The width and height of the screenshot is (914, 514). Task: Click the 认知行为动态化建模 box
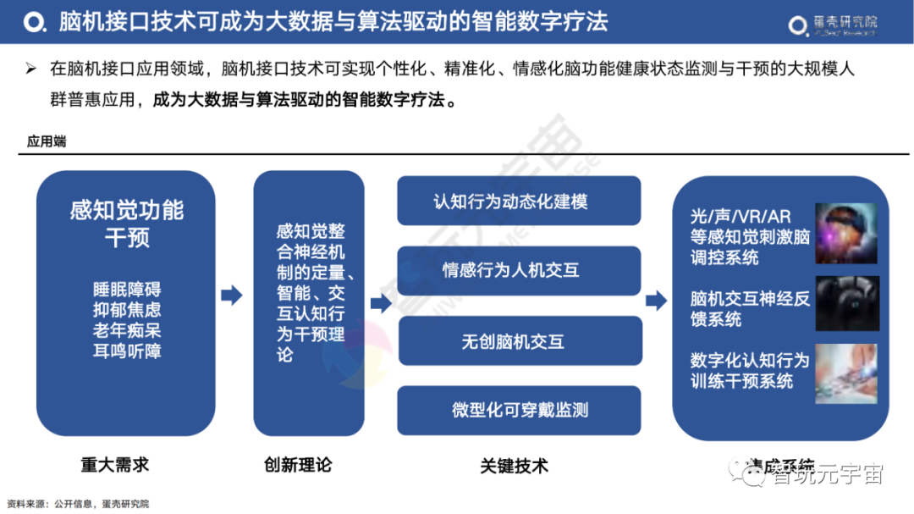point(519,202)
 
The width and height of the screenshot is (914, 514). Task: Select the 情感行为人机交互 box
point(519,271)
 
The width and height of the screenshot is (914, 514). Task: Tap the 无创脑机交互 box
point(519,341)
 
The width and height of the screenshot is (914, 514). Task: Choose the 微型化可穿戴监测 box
point(519,411)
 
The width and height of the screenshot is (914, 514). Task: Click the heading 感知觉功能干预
point(127,224)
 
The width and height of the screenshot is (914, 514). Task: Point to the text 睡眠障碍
point(127,289)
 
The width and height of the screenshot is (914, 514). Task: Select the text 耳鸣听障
point(127,351)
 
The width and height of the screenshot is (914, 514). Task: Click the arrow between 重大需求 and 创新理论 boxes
point(231,296)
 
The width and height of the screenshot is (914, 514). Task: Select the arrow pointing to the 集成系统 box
point(656,301)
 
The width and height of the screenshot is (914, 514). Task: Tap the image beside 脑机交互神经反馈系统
point(846,302)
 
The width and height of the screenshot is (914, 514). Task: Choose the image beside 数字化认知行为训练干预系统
point(846,373)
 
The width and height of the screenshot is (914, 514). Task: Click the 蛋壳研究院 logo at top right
point(833,25)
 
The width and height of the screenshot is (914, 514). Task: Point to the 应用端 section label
point(47,141)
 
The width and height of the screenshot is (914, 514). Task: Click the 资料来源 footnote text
point(77,504)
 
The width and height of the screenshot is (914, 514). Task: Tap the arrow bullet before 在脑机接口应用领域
point(31,69)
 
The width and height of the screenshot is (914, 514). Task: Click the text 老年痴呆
point(127,330)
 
